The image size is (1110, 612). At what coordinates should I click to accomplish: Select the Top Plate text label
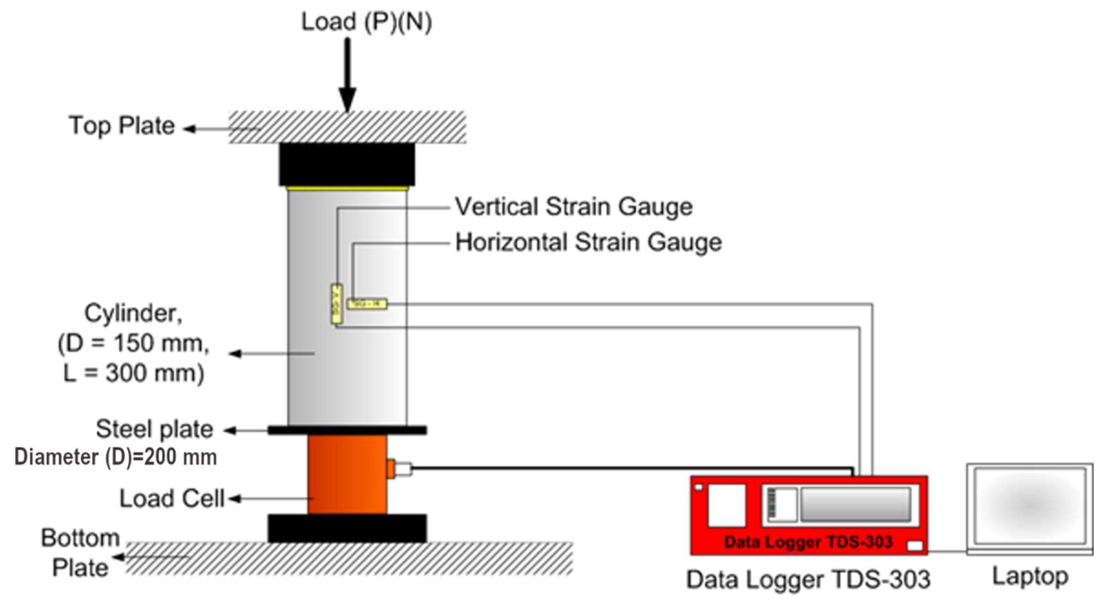tap(122, 126)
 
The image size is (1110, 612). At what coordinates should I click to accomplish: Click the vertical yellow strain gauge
tap(336, 304)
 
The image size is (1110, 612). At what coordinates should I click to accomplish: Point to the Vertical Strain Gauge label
tap(574, 207)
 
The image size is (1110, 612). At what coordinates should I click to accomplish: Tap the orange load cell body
tap(347, 474)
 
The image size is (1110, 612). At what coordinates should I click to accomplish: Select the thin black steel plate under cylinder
tap(347, 430)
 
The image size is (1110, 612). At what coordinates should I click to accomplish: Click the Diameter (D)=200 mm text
tap(116, 457)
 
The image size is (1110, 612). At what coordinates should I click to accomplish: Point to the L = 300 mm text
tap(134, 373)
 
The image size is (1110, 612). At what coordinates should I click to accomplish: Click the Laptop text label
tap(1030, 576)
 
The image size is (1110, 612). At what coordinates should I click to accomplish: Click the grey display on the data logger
tap(855, 504)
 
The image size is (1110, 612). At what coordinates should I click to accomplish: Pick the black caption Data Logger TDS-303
tap(808, 579)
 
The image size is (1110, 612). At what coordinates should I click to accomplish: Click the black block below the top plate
tap(347, 164)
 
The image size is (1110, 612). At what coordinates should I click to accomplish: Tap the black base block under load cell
tap(347, 528)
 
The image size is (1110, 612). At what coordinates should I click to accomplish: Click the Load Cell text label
tap(172, 499)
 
